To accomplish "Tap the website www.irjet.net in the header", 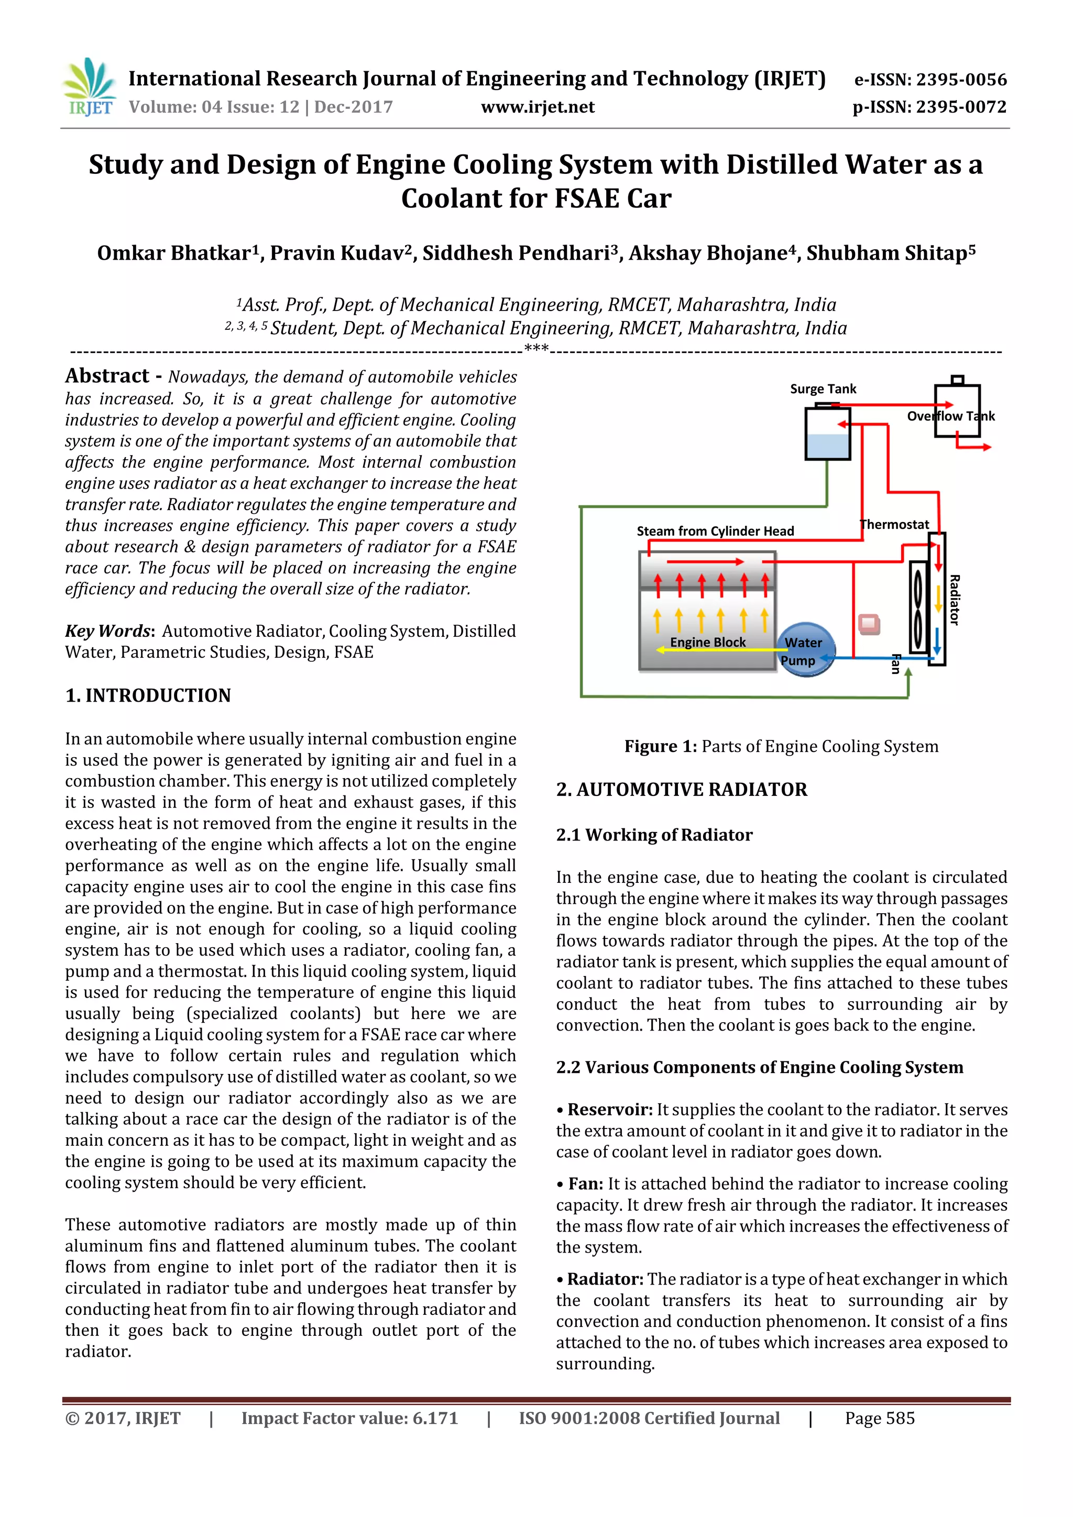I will [537, 107].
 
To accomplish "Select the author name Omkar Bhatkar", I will [177, 253].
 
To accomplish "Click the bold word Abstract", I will [107, 376].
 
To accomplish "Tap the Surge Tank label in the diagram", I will [823, 389].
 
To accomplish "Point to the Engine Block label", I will [707, 642].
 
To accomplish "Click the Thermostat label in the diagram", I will [894, 525].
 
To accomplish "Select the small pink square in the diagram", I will [869, 624].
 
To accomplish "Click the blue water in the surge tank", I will [827, 446].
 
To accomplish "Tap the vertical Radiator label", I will [954, 600].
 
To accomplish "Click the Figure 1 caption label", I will [660, 747].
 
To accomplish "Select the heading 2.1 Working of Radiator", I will [654, 835].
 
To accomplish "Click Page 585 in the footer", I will [879, 1419].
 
